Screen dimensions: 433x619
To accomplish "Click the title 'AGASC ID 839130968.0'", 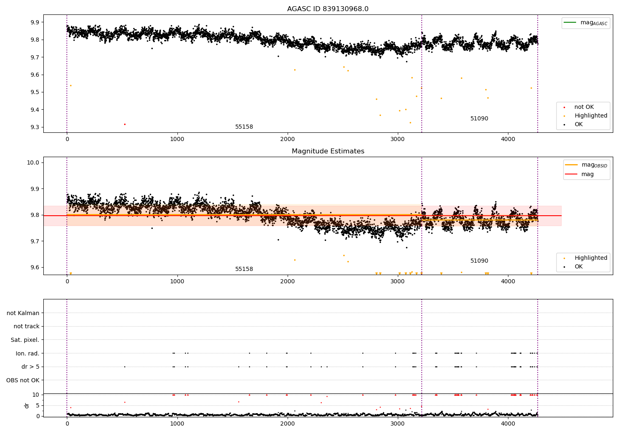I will pos(328,9).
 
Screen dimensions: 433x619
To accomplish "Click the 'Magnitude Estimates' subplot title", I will pos(328,151).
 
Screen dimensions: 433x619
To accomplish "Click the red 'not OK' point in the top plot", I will pos(125,124).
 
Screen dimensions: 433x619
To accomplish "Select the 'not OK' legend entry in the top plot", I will pos(584,107).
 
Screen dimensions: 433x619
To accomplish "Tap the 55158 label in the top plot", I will pos(244,127).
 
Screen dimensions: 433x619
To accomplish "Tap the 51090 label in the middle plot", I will pos(479,261).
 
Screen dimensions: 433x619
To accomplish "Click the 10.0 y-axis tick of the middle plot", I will pos(33,162).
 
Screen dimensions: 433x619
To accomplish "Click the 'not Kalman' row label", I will pos(23,313).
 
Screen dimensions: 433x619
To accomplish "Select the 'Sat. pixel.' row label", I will pos(25,340).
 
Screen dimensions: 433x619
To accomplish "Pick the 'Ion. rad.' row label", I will pos(27,353).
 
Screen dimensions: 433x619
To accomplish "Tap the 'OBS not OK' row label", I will pos(23,380).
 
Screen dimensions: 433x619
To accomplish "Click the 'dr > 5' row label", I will pos(30,367).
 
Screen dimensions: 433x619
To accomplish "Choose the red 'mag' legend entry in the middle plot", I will pos(587,174).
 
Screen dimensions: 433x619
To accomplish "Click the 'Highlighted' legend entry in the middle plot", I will pos(591,258).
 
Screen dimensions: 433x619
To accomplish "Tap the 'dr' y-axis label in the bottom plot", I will pos(27,405).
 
